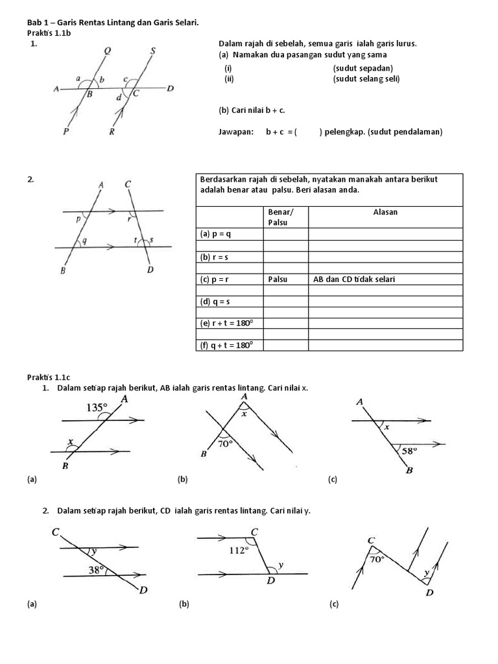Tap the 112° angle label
pyautogui.click(x=239, y=550)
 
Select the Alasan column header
pyautogui.click(x=385, y=212)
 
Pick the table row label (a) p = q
pyautogui.click(x=215, y=234)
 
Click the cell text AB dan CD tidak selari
pyautogui.click(x=354, y=279)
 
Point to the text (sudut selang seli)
pyautogui.click(x=366, y=79)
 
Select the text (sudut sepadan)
pyautogui.click(x=363, y=68)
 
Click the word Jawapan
pyautogui.click(x=235, y=132)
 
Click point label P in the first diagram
pyautogui.click(x=66, y=132)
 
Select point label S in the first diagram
pyautogui.click(x=152, y=51)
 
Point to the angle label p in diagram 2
pyautogui.click(x=78, y=219)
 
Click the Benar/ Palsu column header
pyautogui.click(x=280, y=217)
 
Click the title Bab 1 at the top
pyautogui.click(x=38, y=23)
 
